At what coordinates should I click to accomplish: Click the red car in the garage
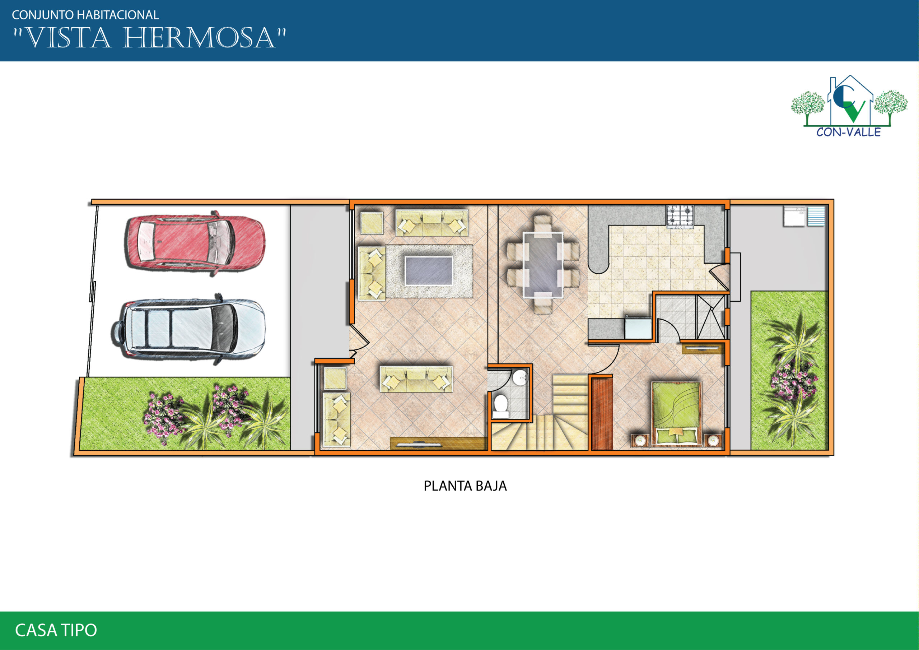(x=195, y=244)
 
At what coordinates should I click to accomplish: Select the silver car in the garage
(x=188, y=329)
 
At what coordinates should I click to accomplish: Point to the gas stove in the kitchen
(x=680, y=217)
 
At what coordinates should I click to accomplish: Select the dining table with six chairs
(x=543, y=265)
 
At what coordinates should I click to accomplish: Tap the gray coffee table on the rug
(x=429, y=271)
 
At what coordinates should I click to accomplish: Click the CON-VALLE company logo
(x=849, y=106)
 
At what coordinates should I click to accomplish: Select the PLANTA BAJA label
(x=465, y=486)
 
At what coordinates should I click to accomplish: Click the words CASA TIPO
(x=56, y=630)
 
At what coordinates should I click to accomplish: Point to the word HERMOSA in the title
(x=199, y=38)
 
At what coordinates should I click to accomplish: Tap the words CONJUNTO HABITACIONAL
(x=85, y=15)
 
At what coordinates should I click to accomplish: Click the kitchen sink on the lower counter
(x=638, y=328)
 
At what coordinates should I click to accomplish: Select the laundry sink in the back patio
(x=804, y=216)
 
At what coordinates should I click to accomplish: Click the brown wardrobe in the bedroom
(x=602, y=414)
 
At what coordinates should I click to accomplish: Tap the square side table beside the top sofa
(x=372, y=223)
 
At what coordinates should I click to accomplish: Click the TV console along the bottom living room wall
(x=439, y=444)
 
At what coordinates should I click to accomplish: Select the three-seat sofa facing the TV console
(x=416, y=379)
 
